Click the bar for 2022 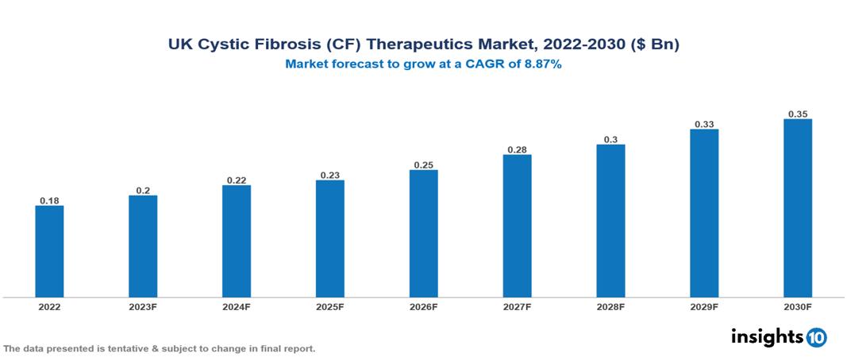[x=49, y=251]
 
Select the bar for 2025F [x=329, y=239]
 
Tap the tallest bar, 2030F [x=798, y=208]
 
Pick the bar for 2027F [x=517, y=226]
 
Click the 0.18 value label [x=49, y=200]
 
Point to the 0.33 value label [x=704, y=124]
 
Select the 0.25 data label [x=423, y=165]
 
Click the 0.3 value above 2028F [x=610, y=139]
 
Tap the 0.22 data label [x=237, y=180]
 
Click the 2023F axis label [x=143, y=306]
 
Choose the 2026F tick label [x=423, y=306]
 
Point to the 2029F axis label [x=704, y=306]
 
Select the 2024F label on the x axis [x=237, y=306]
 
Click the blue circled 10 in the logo [x=816, y=338]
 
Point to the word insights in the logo [x=767, y=336]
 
